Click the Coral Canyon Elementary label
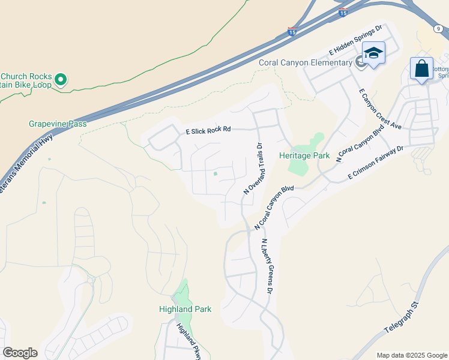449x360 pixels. pyautogui.click(x=305, y=63)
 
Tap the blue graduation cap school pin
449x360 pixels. pyautogui.click(x=373, y=55)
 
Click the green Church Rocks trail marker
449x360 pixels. pyautogui.click(x=60, y=79)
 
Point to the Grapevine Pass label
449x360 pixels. pyautogui.click(x=58, y=124)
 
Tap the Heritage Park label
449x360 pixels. pyautogui.click(x=304, y=155)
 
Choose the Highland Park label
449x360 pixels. pyautogui.click(x=185, y=310)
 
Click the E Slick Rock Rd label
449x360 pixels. pyautogui.click(x=208, y=130)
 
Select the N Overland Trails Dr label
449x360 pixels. pyautogui.click(x=253, y=169)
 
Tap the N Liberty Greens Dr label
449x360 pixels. pyautogui.click(x=267, y=266)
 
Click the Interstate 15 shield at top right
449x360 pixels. pyautogui.click(x=343, y=11)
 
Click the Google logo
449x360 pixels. pyautogui.click(x=20, y=353)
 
